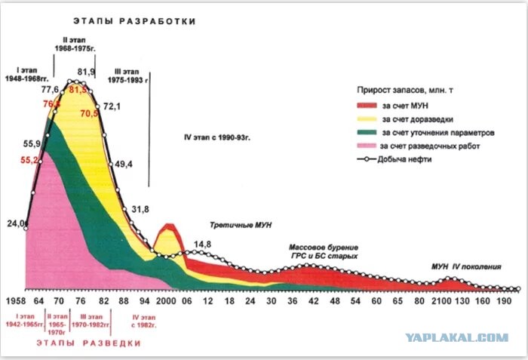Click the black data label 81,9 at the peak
(x=87, y=72)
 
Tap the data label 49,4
(x=122, y=164)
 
